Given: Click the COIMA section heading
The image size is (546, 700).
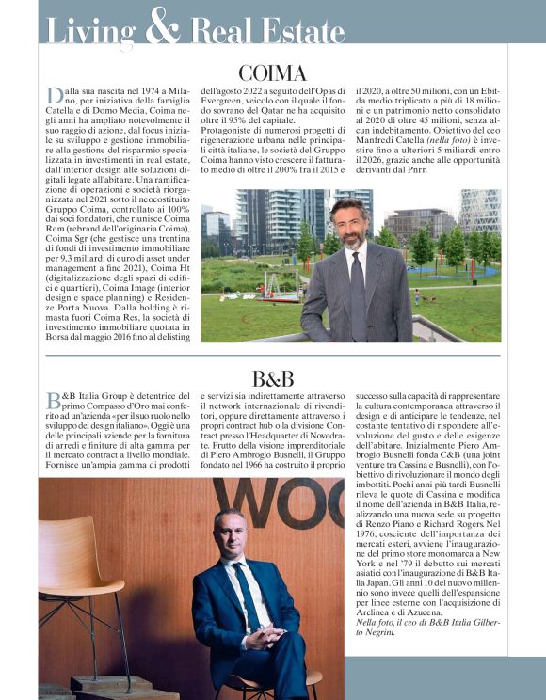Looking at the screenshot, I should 272,72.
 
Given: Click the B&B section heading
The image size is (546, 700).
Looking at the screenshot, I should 272,379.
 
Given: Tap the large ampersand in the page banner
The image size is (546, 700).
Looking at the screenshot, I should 164,27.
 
